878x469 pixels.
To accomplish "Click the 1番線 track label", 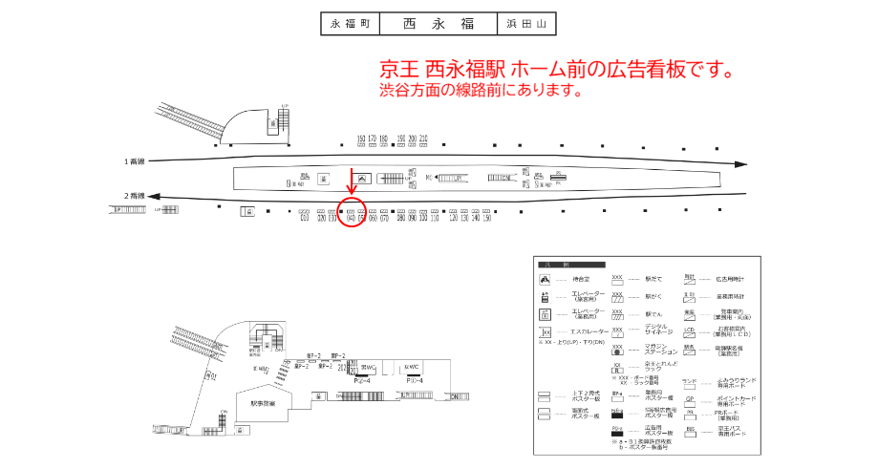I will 135,160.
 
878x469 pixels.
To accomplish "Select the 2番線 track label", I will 135,196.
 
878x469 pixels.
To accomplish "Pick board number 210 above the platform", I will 423,139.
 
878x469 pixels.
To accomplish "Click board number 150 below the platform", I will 486,219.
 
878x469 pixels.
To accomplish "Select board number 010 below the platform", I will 304,219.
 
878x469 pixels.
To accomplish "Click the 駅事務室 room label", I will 263,403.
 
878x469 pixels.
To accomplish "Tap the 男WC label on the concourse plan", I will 368,367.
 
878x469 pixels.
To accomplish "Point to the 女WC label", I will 412,367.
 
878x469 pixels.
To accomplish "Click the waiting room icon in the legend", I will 545,279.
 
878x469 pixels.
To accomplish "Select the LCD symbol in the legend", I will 689,330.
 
